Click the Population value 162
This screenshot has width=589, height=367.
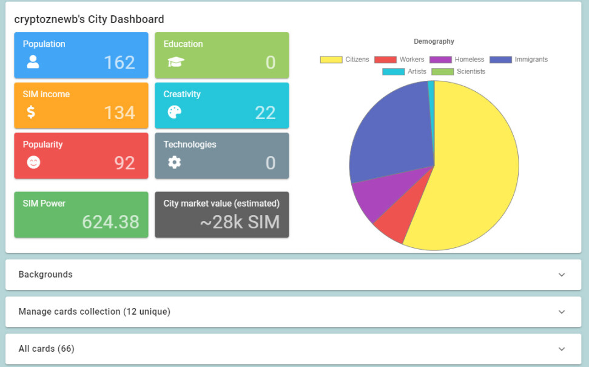coord(119,63)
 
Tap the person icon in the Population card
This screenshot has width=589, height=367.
coord(33,62)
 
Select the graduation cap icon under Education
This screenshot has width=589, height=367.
coord(176,62)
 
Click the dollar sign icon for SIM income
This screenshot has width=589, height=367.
coord(31,112)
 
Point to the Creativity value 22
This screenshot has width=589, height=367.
coord(265,113)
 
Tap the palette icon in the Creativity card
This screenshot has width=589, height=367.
coord(175,112)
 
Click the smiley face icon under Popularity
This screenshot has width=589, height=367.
coord(33,162)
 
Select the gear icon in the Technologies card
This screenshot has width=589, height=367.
coord(174,162)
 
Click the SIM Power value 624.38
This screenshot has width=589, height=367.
coord(110,222)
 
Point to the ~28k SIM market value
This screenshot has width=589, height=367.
coord(240,222)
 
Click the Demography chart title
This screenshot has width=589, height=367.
coord(434,41)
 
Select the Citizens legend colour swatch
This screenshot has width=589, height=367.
coord(331,60)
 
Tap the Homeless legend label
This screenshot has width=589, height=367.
coord(469,60)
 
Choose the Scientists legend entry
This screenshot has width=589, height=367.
coord(458,72)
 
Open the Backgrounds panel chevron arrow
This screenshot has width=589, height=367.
coord(562,275)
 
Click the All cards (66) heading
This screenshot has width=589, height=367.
coord(47,349)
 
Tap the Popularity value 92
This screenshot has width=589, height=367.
coord(125,163)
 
